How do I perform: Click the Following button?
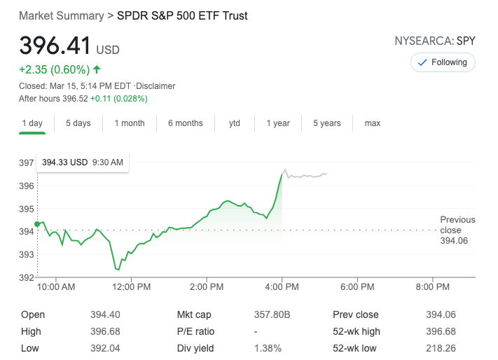click(443, 62)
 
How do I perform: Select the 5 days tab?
click(78, 123)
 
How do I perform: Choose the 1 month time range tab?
click(129, 123)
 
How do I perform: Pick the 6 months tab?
click(185, 123)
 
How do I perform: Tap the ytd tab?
click(235, 123)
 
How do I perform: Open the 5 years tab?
click(326, 123)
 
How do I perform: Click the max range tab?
click(372, 123)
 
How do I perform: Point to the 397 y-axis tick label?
click(26, 163)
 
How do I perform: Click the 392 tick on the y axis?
click(26, 277)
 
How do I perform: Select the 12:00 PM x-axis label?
click(131, 287)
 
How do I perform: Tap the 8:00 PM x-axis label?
click(432, 287)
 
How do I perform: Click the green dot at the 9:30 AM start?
click(37, 223)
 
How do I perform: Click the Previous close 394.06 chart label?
click(457, 230)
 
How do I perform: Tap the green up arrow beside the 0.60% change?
click(97, 69)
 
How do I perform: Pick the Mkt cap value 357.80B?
click(269, 315)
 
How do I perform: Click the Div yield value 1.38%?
click(268, 348)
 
